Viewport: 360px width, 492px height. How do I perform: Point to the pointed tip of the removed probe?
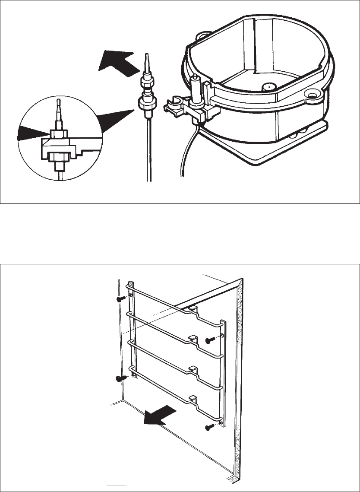pyautogui.click(x=146, y=58)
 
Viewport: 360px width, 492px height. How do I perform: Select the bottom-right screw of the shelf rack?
pyautogui.click(x=210, y=427)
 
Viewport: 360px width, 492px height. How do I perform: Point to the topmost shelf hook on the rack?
pyautogui.click(x=193, y=309)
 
